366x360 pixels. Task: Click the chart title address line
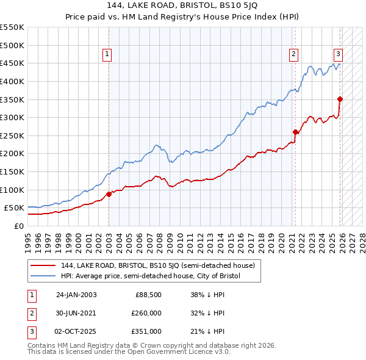183,7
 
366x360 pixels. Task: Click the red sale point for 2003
109,194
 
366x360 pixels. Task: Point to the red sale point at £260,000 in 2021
295,132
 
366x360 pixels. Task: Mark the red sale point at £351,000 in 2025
340,99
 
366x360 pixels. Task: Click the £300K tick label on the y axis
12,117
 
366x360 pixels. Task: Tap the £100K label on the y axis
12,190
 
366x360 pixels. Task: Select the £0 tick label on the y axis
18,226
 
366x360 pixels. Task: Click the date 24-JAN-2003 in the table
76,295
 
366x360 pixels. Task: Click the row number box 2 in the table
30,313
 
